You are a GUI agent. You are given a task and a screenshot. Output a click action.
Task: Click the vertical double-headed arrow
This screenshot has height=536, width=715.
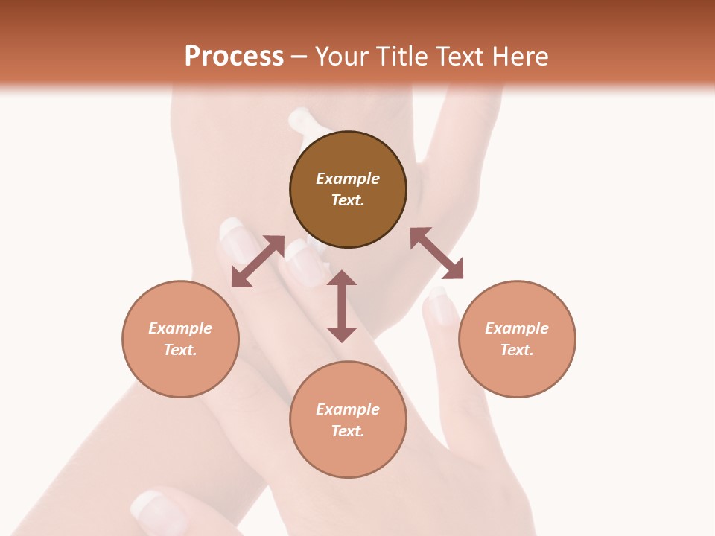(x=342, y=306)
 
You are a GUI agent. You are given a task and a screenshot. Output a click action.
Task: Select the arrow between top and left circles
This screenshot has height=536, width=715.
(x=258, y=261)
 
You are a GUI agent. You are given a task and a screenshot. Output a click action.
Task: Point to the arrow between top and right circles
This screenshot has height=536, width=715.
(x=436, y=253)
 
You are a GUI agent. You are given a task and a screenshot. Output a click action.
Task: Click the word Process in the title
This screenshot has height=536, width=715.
(x=234, y=57)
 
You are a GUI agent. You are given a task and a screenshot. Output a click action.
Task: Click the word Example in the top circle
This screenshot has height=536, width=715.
(x=348, y=179)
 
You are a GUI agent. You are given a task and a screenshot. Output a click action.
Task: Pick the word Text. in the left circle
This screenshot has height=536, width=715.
(x=180, y=350)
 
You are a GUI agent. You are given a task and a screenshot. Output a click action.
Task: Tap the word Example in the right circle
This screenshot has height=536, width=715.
(x=517, y=328)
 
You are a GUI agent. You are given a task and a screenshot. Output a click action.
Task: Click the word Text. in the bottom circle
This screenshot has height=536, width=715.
(x=348, y=431)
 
